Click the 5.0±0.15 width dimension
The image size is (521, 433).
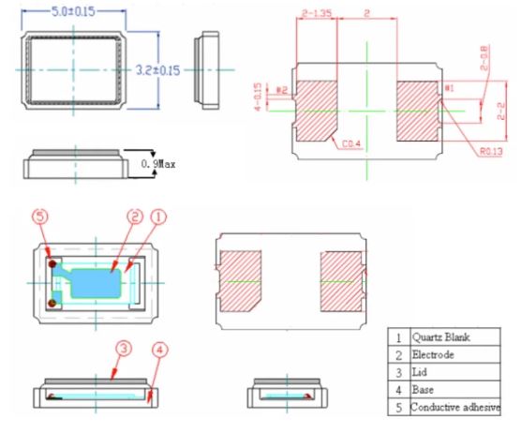[x=84, y=12]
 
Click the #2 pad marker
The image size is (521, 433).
[x=281, y=90]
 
